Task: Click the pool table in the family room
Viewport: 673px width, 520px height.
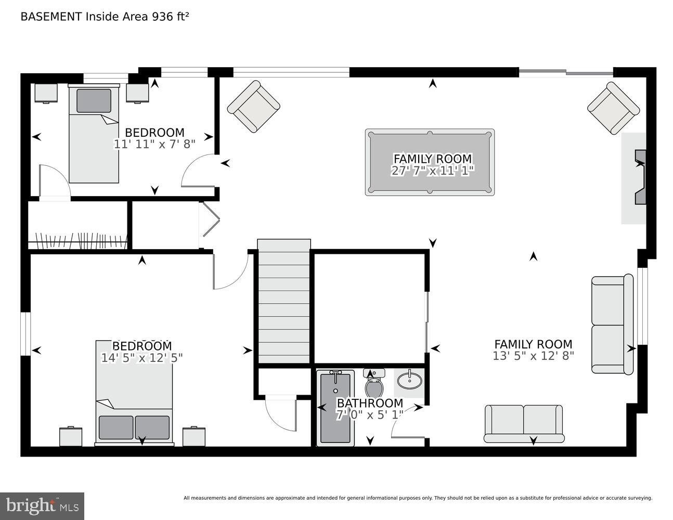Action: tap(430, 162)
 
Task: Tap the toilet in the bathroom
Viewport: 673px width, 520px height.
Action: tap(374, 385)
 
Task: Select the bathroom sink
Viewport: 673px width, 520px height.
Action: tap(409, 380)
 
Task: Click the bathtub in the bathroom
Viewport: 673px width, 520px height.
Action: tap(335, 408)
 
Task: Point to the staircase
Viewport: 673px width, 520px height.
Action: tap(284, 302)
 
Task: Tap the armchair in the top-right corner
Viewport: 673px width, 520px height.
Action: tap(613, 108)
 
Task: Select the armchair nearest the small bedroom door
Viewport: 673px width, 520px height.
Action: tap(253, 106)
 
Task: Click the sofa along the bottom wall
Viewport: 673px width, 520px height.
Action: tap(524, 423)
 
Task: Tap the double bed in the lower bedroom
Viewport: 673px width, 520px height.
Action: tap(134, 393)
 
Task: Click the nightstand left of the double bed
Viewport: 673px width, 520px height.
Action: tap(71, 436)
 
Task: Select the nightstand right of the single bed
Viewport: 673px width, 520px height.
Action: tap(138, 93)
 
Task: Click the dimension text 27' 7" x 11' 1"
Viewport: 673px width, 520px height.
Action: tap(432, 171)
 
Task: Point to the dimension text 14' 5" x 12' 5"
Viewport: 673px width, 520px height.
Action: tap(141, 358)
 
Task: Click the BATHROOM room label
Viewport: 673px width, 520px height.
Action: tap(370, 403)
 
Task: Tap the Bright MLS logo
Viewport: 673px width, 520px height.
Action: tap(42, 506)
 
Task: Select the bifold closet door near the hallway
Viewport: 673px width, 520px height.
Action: tap(210, 225)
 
